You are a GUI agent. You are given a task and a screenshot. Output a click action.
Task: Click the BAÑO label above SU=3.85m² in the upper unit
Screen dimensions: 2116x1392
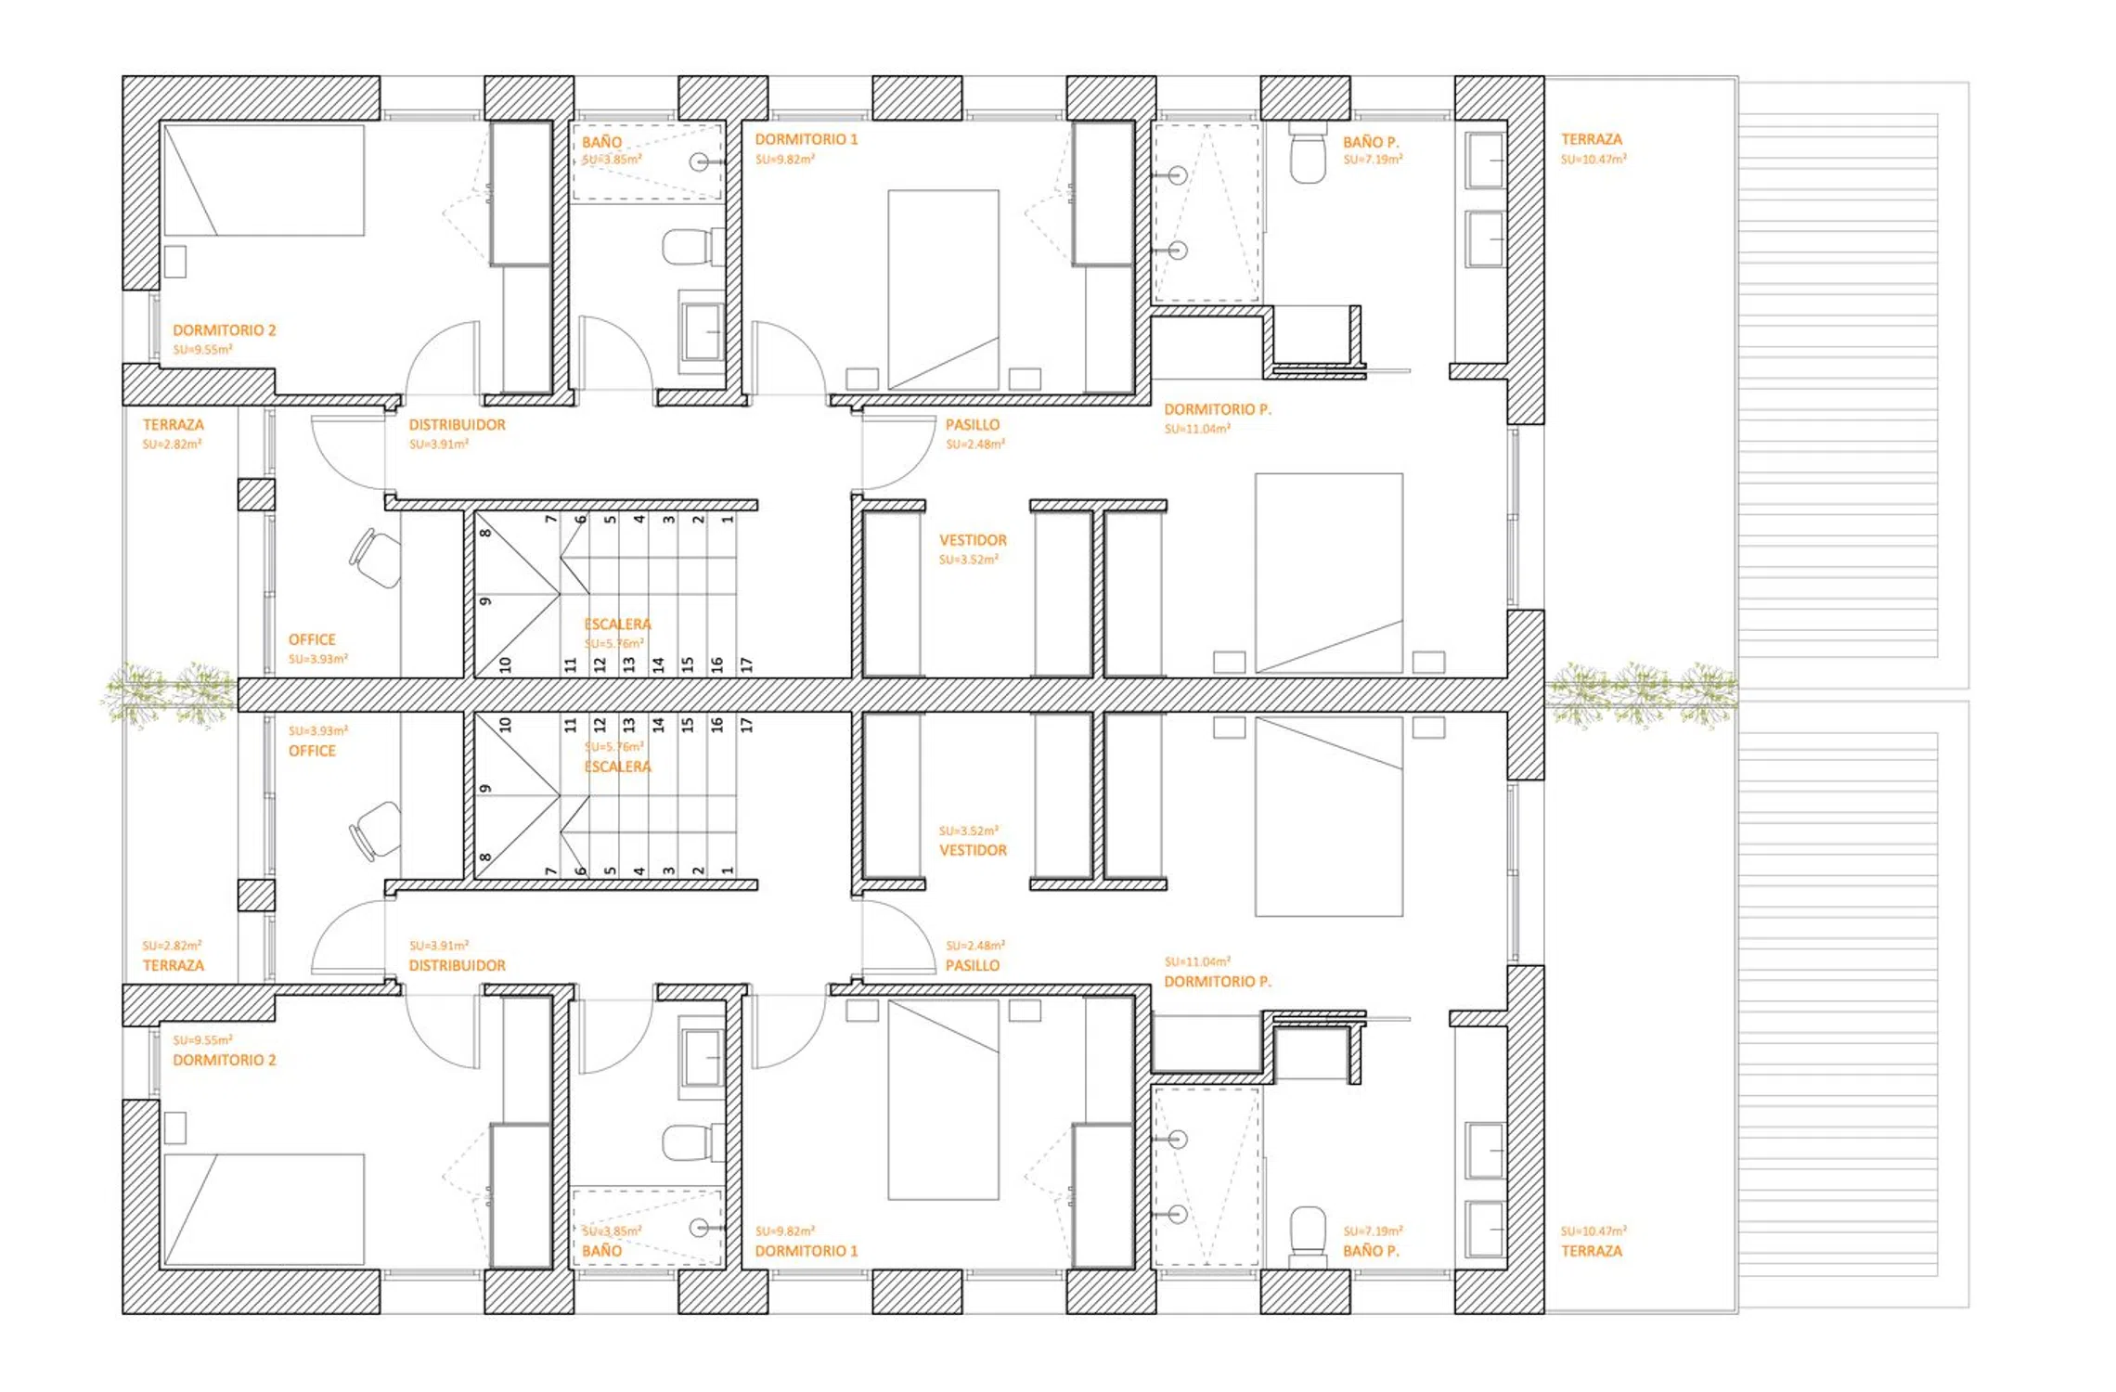point(601,142)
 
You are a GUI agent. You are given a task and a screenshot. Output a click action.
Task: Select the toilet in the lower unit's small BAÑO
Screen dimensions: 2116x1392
point(692,1142)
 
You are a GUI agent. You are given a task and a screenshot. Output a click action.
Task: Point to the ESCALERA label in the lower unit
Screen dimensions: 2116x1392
point(617,767)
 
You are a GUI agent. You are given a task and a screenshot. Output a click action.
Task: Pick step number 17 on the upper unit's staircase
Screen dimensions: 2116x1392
point(746,664)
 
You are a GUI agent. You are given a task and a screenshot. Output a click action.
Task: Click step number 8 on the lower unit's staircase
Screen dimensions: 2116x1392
point(484,857)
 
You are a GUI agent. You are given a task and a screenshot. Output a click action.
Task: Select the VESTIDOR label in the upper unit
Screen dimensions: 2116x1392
point(973,540)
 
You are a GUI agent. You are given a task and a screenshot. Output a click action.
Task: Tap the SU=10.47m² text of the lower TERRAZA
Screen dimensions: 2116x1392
point(1593,1231)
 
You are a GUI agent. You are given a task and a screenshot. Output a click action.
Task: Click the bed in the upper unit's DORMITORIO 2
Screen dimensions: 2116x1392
point(264,180)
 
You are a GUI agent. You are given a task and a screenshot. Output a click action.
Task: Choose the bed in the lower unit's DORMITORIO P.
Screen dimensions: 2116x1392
point(1329,817)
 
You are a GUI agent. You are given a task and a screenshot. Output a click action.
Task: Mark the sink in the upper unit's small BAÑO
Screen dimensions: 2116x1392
point(703,331)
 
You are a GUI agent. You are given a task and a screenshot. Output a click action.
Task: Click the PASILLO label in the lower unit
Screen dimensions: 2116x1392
point(973,965)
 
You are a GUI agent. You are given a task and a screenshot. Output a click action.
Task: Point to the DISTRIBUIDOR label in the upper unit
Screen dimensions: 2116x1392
point(458,424)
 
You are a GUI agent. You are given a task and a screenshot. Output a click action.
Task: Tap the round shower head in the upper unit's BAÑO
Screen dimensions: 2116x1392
point(700,161)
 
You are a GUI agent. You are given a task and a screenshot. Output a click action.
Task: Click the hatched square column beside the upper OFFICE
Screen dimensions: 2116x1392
point(256,495)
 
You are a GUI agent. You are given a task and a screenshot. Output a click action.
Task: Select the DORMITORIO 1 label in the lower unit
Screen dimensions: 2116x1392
point(806,1251)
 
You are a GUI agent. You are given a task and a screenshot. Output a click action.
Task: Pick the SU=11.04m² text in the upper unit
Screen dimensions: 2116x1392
point(1197,429)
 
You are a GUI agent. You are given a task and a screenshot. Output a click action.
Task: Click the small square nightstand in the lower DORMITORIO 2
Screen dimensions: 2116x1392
point(174,1128)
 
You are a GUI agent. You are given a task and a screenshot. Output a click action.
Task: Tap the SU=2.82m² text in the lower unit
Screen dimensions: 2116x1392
point(172,945)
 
